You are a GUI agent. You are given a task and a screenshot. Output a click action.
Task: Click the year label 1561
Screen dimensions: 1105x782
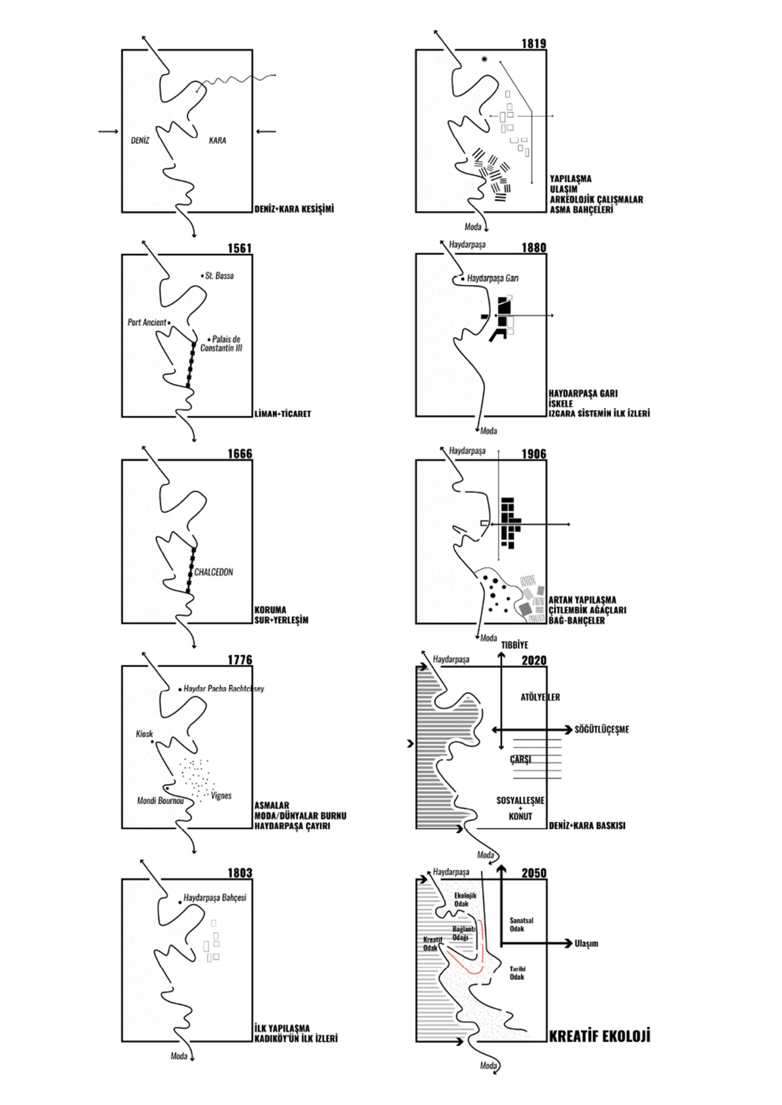240,248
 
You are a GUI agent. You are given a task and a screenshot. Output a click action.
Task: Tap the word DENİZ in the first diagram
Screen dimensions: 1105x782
140,141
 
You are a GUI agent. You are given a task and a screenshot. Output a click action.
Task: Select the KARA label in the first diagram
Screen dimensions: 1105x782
217,141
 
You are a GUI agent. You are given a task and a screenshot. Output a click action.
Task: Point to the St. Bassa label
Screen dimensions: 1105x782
219,276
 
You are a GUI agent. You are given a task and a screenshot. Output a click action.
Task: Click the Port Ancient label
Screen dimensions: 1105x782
147,322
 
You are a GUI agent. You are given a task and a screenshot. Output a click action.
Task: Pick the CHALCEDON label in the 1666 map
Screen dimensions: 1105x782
213,572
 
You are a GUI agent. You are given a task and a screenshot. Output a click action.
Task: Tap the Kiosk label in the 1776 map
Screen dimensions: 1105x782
145,734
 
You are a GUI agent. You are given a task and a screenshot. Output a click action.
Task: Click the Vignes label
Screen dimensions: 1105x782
221,796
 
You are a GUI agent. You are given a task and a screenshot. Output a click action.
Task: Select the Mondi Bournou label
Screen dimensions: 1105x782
160,801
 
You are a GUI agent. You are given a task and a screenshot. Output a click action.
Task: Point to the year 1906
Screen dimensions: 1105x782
534,454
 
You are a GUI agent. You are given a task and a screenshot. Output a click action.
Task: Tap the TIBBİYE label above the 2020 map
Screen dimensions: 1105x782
514,645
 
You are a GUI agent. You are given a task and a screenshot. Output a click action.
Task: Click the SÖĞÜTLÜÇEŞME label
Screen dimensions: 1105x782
602,729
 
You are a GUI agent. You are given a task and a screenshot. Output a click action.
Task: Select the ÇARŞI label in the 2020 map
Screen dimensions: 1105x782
520,759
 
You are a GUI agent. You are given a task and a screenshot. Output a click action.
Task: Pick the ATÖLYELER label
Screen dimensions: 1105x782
540,698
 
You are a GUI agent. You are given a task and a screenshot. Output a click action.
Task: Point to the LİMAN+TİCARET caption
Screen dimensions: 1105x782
283,414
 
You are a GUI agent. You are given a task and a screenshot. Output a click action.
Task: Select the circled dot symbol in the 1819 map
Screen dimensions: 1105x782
484,59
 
